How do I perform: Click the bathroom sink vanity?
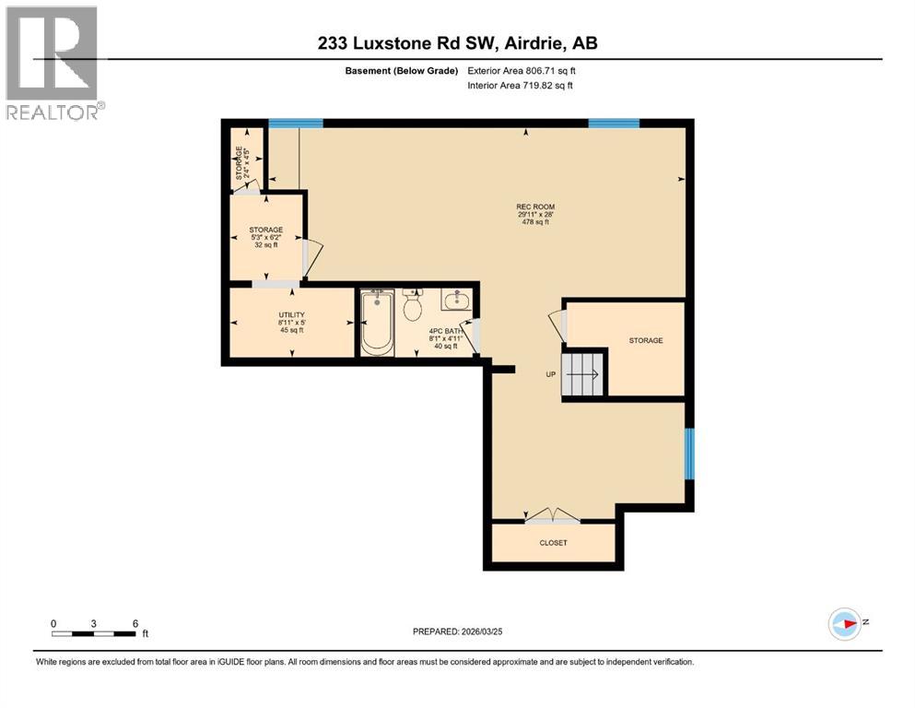pyautogui.click(x=455, y=300)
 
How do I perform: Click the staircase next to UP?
pyautogui.click(x=582, y=373)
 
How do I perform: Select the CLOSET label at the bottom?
pyautogui.click(x=553, y=543)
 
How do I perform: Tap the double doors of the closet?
pyautogui.click(x=552, y=516)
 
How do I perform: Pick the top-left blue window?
pyautogui.click(x=296, y=124)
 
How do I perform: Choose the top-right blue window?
pyautogui.click(x=614, y=124)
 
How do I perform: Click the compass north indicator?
pyautogui.click(x=846, y=624)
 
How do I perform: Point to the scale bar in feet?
pyautogui.click(x=94, y=632)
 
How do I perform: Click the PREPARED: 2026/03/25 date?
pyautogui.click(x=459, y=631)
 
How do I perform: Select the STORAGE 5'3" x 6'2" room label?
pyautogui.click(x=265, y=237)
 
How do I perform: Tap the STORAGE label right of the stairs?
pyautogui.click(x=646, y=340)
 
